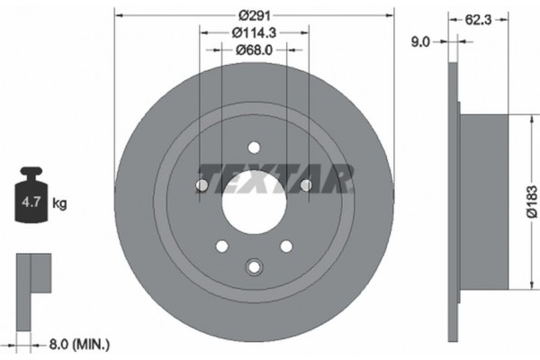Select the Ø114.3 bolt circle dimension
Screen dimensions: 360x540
[x=254, y=32]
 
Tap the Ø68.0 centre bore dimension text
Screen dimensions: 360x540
[x=254, y=50]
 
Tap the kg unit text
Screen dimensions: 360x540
[x=60, y=203]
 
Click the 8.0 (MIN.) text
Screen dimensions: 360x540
[x=78, y=342]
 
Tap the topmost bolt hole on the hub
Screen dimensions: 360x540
[x=254, y=147]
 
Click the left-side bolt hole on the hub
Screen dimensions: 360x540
[x=202, y=185]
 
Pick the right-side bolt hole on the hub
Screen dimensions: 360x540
[x=306, y=185]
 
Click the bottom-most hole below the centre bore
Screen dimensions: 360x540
[x=254, y=266]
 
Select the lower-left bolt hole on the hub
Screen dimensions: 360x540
[x=221, y=246]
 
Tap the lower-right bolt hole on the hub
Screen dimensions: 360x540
[x=286, y=246]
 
